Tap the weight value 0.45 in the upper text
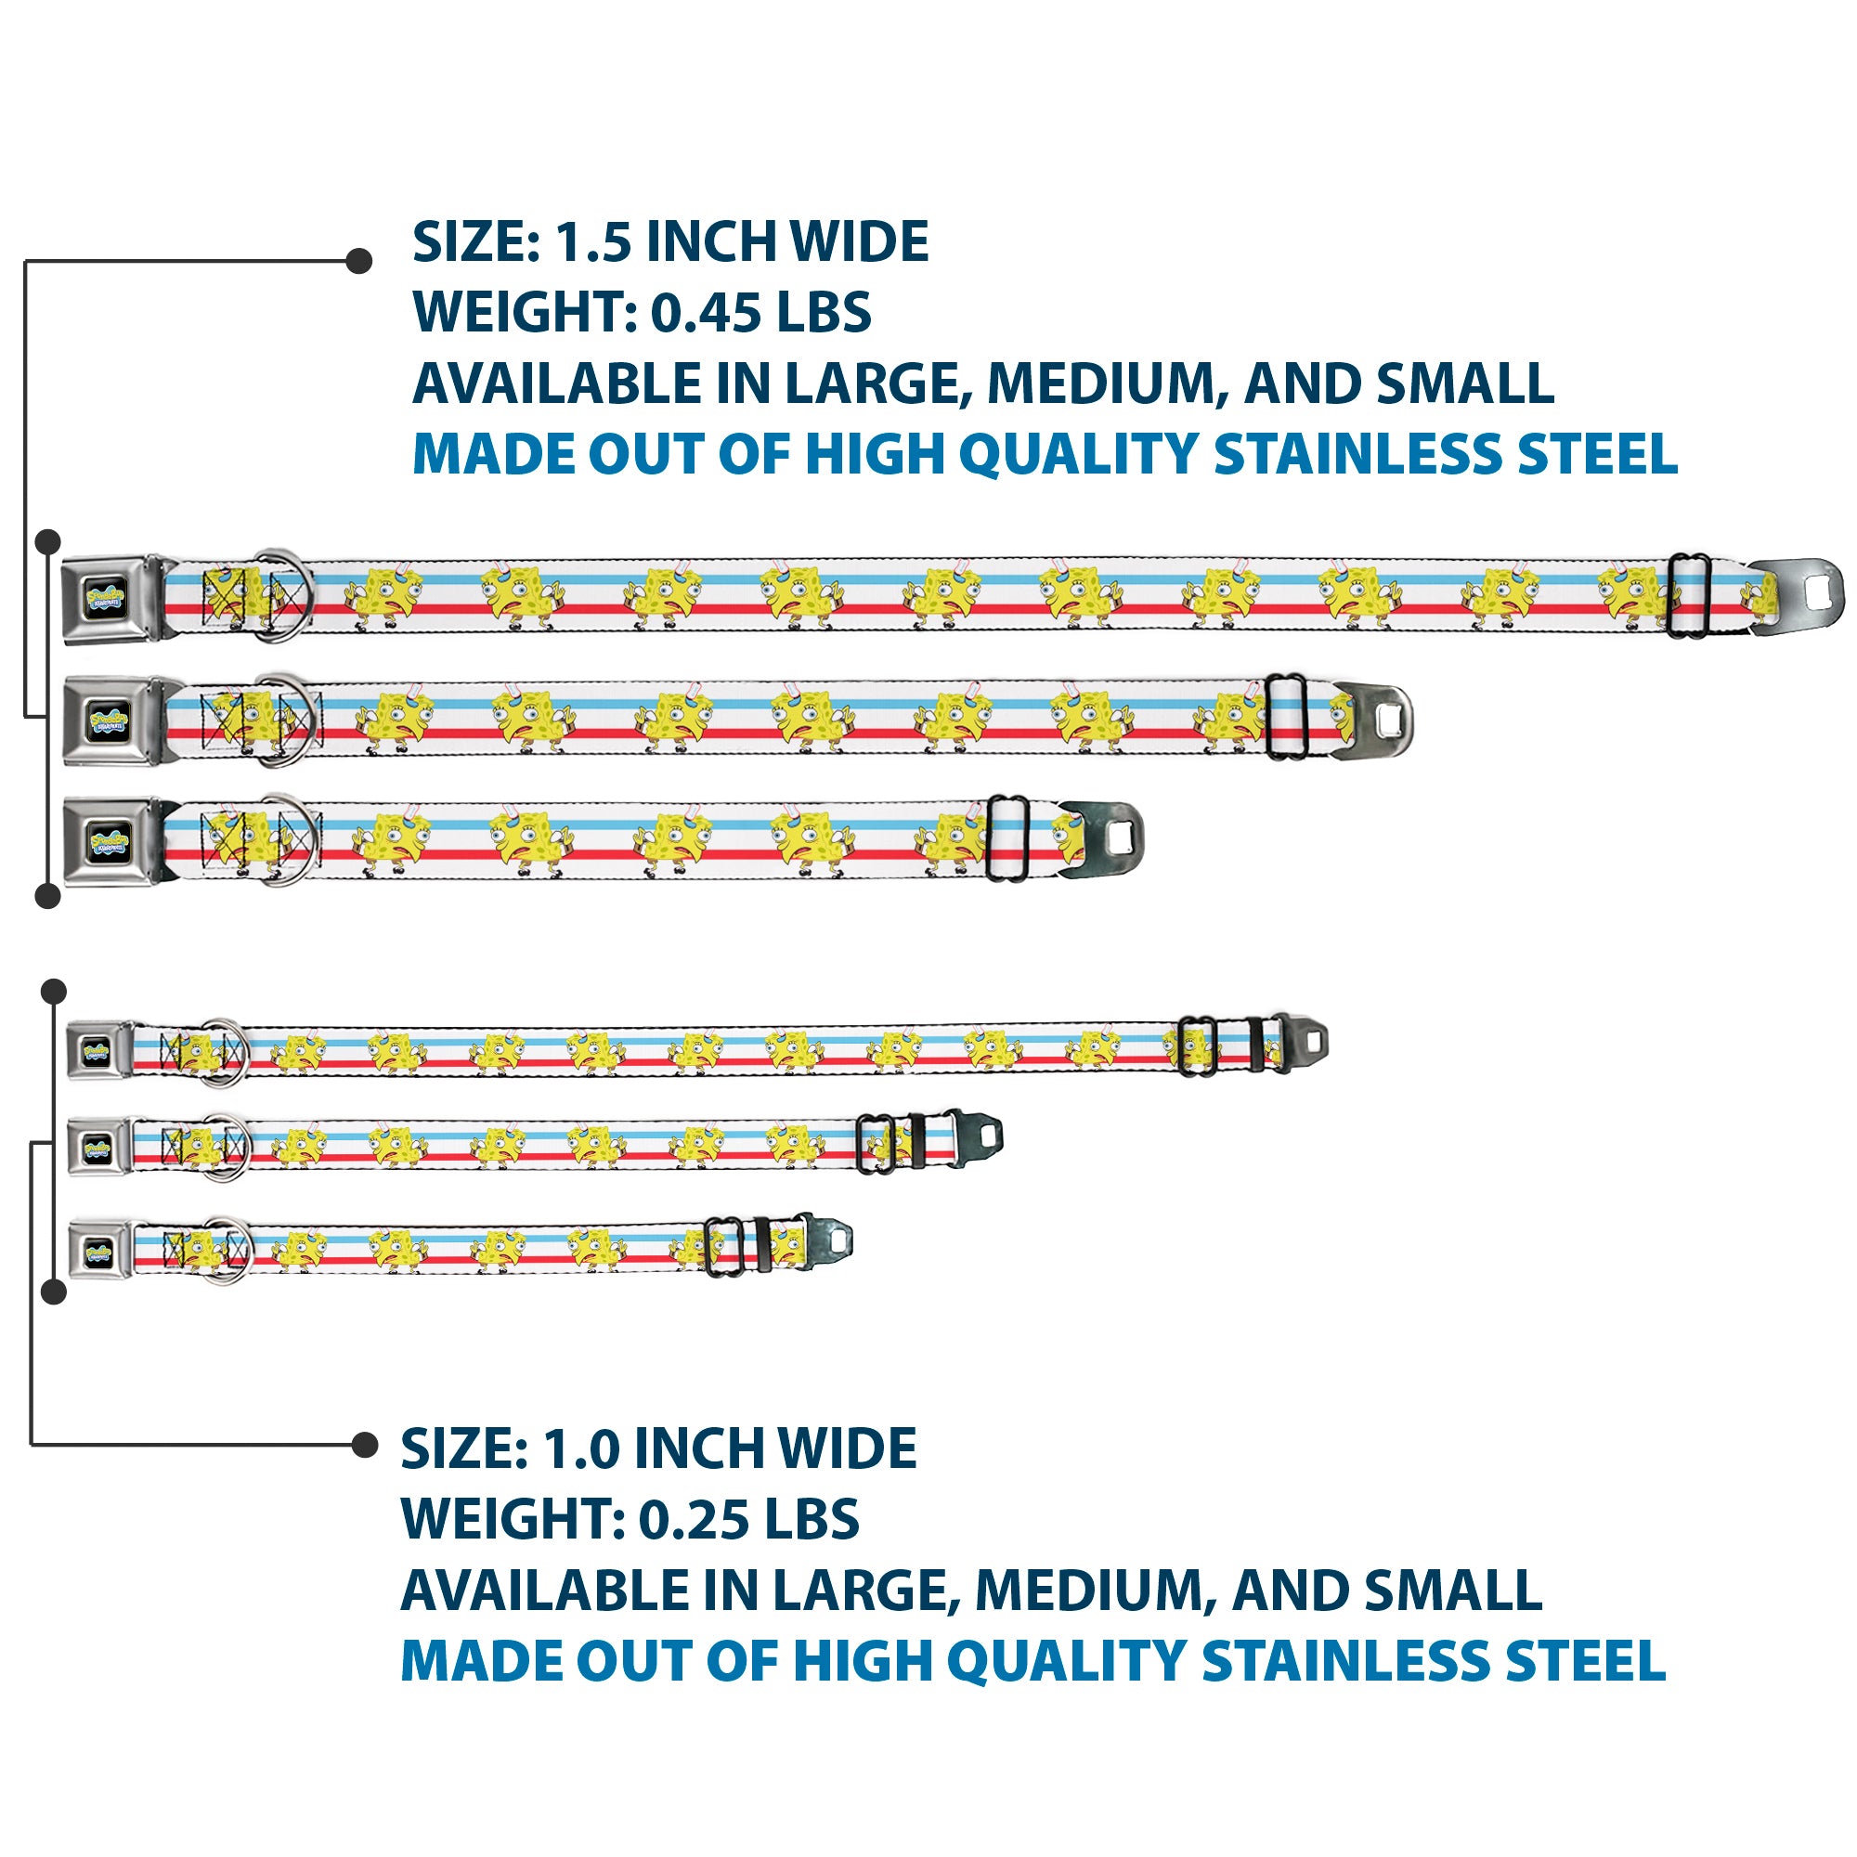pyautogui.click(x=707, y=312)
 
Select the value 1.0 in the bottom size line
pyautogui.click(x=580, y=1448)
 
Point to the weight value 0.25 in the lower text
pyautogui.click(x=695, y=1520)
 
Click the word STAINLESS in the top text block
pyautogui.click(x=1358, y=455)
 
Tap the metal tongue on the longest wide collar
pyautogui.click(x=1796, y=597)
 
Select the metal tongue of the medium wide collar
pyautogui.click(x=1370, y=720)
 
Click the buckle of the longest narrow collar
pyautogui.click(x=100, y=1049)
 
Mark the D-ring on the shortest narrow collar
pyautogui.click(x=227, y=1251)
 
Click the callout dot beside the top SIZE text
pyautogui.click(x=358, y=261)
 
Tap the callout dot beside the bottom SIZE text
pyautogui.click(x=365, y=1444)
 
